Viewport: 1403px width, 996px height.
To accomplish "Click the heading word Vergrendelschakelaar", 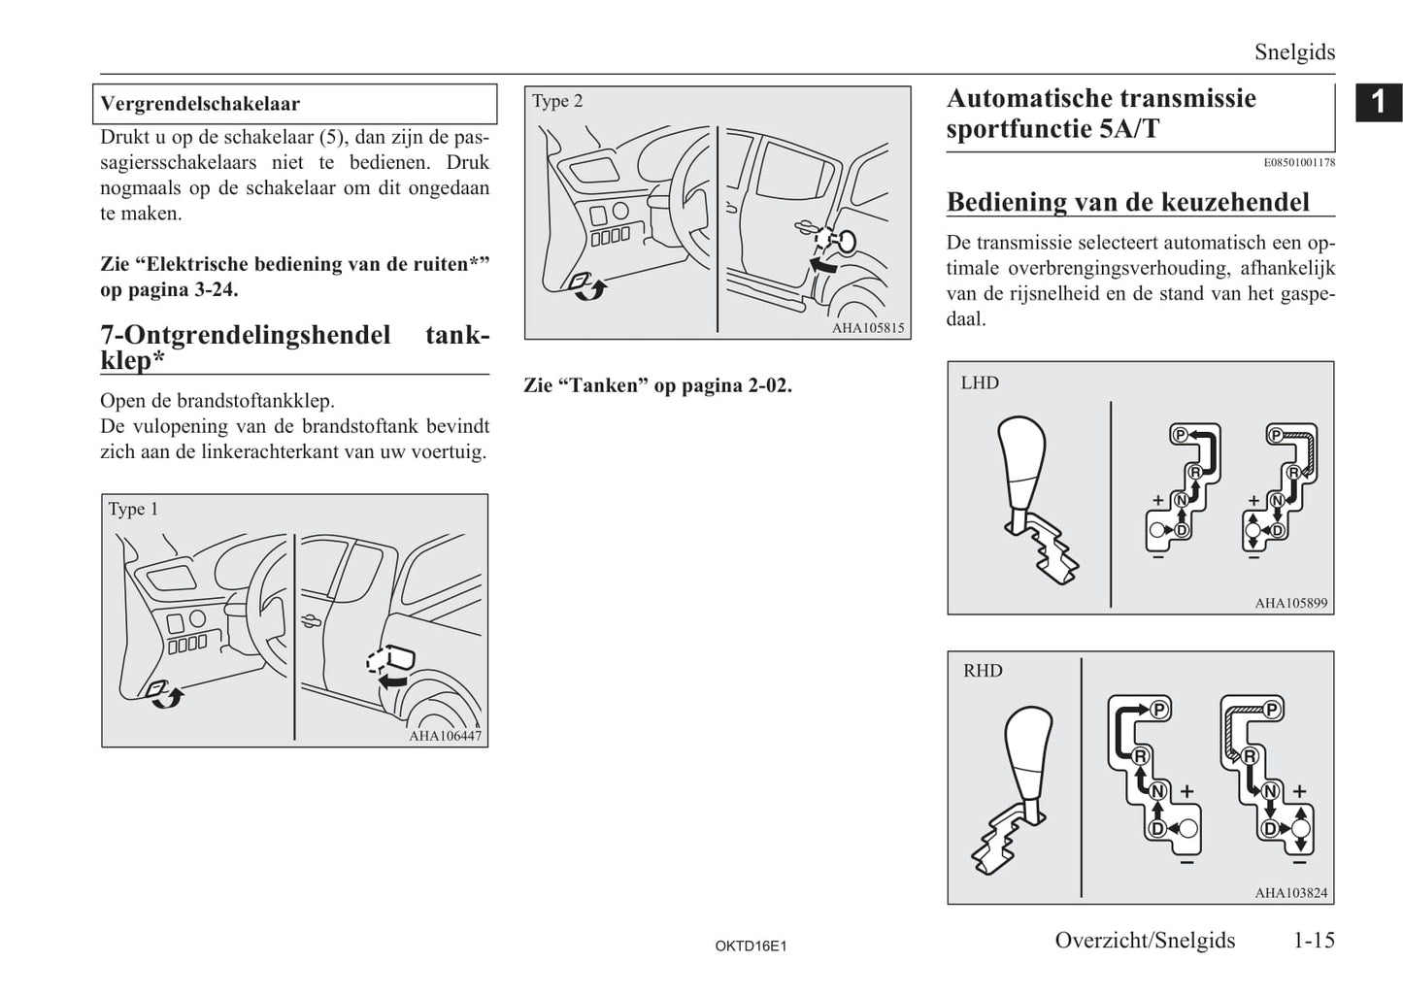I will tap(200, 104).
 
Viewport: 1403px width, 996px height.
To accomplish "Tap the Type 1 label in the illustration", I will tap(133, 509).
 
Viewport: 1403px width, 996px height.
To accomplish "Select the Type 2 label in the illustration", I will tap(557, 101).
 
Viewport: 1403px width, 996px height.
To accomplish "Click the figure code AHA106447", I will tap(445, 736).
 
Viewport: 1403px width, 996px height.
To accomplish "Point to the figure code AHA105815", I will tap(868, 328).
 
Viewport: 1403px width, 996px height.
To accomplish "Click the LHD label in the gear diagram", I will tap(980, 382).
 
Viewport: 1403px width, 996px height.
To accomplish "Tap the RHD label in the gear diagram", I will tap(983, 671).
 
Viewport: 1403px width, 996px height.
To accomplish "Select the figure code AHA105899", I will tap(1290, 603).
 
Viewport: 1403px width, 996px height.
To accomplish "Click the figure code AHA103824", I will tap(1290, 893).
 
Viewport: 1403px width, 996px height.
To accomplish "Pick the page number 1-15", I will tap(1314, 940).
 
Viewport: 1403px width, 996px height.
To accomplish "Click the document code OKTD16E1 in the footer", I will tap(751, 946).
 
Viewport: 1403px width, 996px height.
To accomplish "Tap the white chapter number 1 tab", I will tap(1379, 102).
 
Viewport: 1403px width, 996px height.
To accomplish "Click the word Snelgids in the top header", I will tap(1294, 52).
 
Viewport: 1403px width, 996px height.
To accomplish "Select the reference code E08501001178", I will tap(1299, 162).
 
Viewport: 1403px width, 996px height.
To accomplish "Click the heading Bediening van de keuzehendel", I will tap(1128, 202).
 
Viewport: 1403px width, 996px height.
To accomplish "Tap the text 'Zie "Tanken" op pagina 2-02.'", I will tap(657, 385).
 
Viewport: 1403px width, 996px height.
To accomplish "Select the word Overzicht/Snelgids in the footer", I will tap(1145, 940).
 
